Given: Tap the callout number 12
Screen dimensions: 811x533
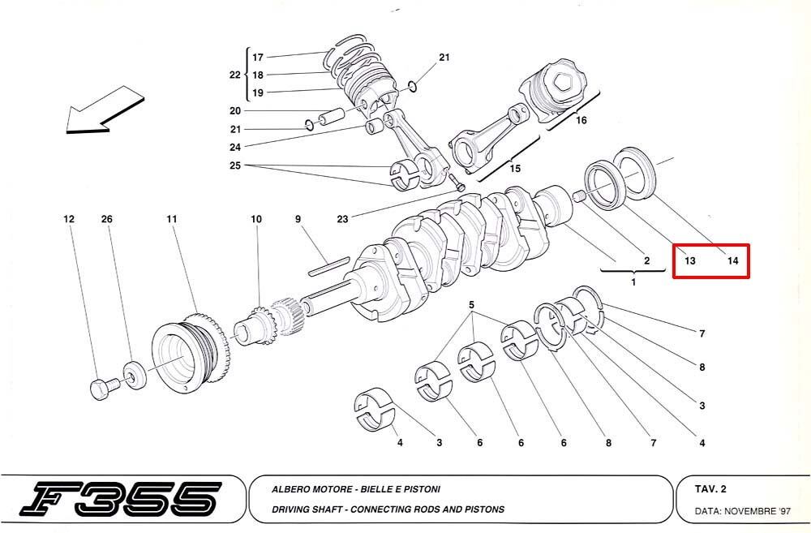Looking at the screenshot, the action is click(69, 219).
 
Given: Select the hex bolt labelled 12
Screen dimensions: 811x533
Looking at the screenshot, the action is click(105, 388).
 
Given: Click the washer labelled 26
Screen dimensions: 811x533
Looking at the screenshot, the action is click(135, 376).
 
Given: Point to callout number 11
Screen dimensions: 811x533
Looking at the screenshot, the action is click(172, 219).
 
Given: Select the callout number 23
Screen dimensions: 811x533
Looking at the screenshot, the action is click(342, 219).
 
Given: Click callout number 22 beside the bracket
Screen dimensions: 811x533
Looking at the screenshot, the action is click(235, 75).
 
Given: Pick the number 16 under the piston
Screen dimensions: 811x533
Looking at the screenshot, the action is click(581, 120).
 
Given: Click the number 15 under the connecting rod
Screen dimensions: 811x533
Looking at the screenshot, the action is click(515, 169).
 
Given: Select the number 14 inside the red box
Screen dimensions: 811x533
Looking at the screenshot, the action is click(732, 260).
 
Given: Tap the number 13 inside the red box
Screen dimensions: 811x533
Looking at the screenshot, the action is click(689, 260).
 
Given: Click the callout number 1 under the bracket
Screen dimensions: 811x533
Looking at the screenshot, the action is click(633, 282).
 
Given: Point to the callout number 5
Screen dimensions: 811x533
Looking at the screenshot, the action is click(471, 305).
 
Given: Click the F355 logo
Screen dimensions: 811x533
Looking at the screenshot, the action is click(121, 500).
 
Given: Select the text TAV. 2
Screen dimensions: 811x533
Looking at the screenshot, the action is click(710, 489).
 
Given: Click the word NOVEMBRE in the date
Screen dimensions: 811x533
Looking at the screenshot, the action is click(750, 511).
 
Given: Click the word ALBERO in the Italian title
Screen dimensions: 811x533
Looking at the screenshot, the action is click(290, 489).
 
